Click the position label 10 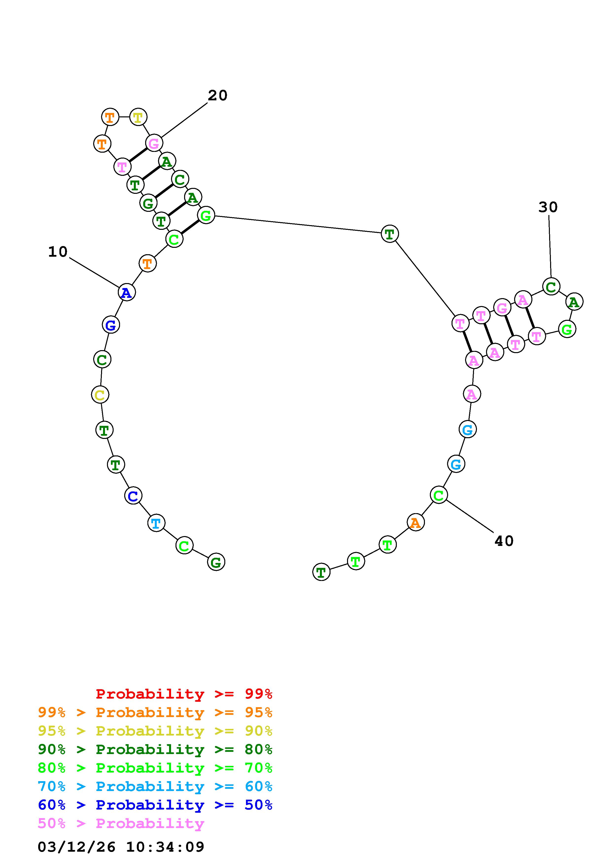(58, 252)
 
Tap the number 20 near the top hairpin (218, 96)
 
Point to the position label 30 (548, 207)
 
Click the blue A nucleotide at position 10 (126, 292)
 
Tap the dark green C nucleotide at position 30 (551, 287)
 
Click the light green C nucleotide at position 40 (438, 495)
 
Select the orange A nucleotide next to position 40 (415, 523)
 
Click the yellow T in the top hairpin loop (138, 117)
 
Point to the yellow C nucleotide (100, 395)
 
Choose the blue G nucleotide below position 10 (111, 325)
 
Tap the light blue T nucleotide (156, 523)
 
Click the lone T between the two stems (390, 234)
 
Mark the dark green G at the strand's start (216, 562)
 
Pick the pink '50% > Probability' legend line (121, 823)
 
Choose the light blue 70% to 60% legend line (155, 786)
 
